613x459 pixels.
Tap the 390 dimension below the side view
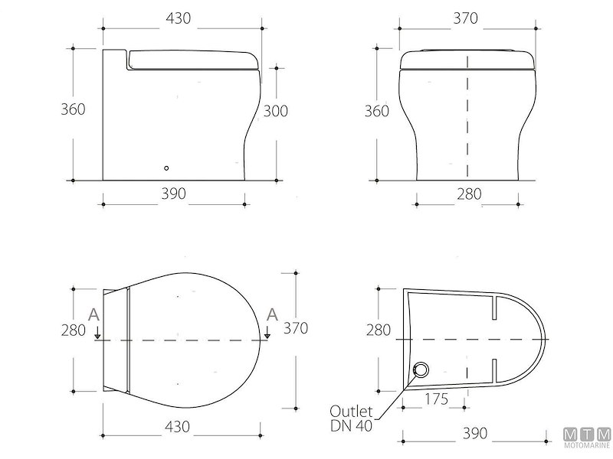[x=174, y=194]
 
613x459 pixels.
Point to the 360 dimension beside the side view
[x=73, y=109]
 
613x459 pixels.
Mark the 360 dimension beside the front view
[x=376, y=111]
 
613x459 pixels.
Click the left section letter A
[x=93, y=314]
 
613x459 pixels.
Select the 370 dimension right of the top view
[x=295, y=328]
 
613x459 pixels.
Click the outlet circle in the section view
[x=420, y=372]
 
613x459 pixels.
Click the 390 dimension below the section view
[x=474, y=434]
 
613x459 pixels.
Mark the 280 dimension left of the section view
[x=377, y=330]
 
